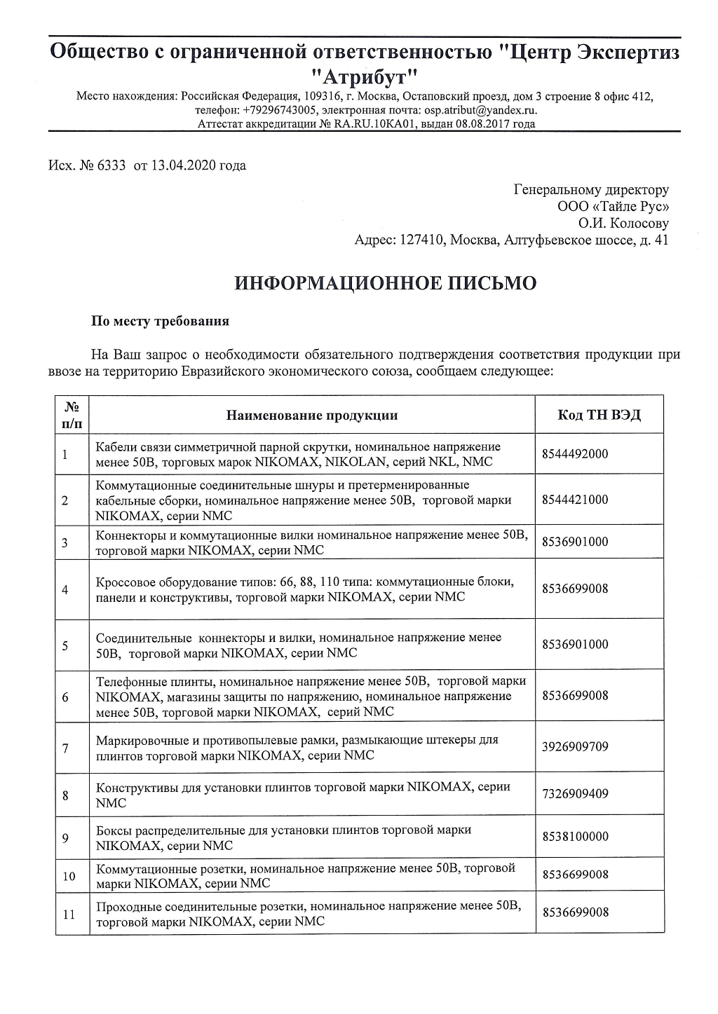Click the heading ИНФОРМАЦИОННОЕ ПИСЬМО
(386, 283)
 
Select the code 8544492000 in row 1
(575, 454)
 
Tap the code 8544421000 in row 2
(575, 500)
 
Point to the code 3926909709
(575, 746)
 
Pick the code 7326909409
(575, 794)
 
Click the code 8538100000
(575, 836)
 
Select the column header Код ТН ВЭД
(599, 415)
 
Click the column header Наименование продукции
(312, 415)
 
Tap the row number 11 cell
(69, 914)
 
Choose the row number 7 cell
(65, 748)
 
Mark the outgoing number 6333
(112, 166)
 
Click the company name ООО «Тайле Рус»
(613, 207)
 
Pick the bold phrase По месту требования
(161, 322)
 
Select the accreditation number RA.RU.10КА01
(375, 124)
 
